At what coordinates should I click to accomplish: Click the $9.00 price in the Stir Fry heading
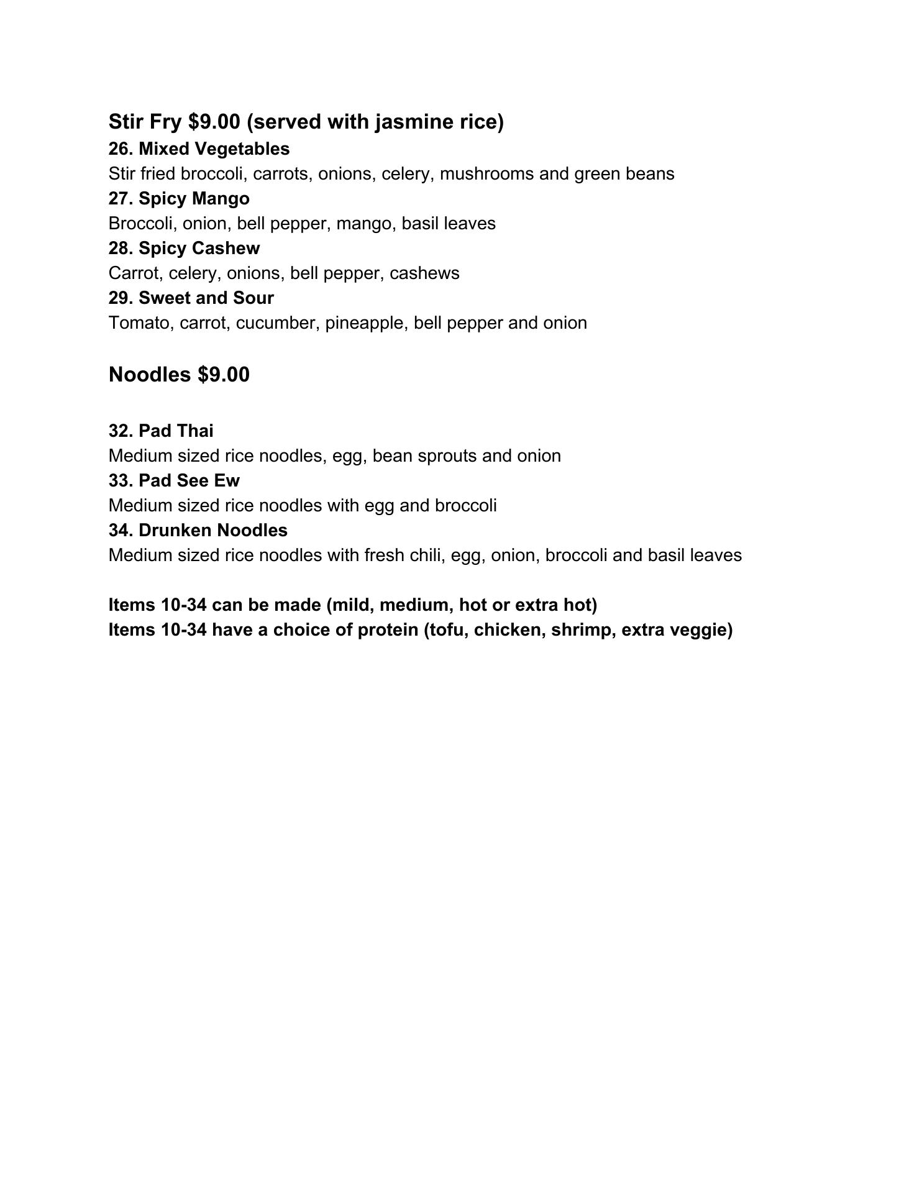click(214, 122)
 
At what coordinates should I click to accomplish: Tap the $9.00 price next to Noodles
click(224, 375)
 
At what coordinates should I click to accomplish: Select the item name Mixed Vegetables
click(214, 149)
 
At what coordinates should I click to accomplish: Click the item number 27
click(119, 199)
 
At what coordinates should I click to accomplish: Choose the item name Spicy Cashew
click(199, 249)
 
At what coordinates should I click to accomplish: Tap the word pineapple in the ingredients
click(365, 323)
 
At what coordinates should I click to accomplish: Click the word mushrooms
click(486, 174)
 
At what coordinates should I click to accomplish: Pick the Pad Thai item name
click(176, 431)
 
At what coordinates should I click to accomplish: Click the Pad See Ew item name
click(189, 481)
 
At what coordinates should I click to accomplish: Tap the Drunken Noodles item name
click(212, 531)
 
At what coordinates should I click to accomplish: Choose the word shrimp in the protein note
click(581, 630)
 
